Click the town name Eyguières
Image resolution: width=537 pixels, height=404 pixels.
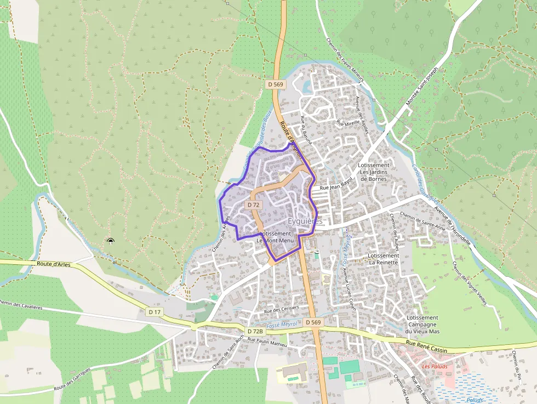pos(305,221)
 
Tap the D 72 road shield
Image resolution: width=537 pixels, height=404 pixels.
pos(253,204)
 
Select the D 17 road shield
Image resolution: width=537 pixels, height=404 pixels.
pos(155,312)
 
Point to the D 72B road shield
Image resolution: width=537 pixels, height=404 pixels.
pos(255,331)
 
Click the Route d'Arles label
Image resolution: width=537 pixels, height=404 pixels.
pos(55,264)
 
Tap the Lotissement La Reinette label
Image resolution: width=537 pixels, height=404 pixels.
pos(384,259)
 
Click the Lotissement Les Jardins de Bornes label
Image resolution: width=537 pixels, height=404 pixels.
pos(374,172)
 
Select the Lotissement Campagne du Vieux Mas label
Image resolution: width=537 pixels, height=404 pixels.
pos(422,325)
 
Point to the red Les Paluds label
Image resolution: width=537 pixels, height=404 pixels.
pos(435,366)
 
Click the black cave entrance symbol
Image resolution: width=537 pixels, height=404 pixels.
pos(110,241)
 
